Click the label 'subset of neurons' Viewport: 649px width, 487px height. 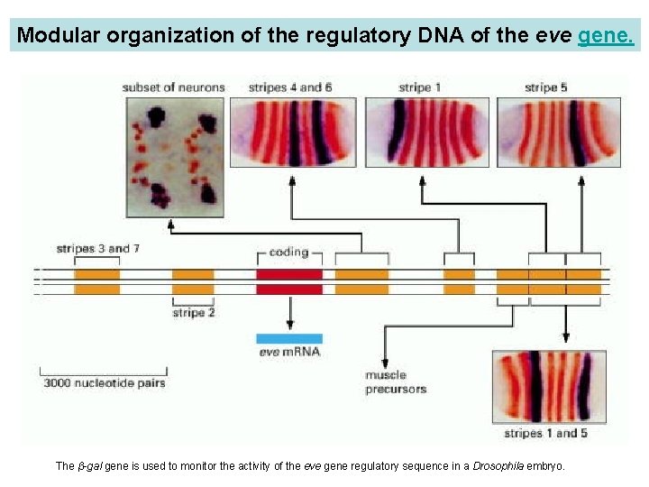click(x=173, y=87)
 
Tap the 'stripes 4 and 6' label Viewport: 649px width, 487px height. click(x=290, y=87)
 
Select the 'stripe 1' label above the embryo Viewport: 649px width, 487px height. click(x=419, y=87)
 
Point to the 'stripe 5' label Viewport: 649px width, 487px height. click(x=546, y=87)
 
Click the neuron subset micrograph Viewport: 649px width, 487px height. click(x=174, y=156)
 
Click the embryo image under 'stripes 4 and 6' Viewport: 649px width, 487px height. click(x=292, y=133)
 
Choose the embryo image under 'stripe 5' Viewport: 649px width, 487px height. click(x=558, y=133)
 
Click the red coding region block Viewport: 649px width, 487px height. click(x=289, y=281)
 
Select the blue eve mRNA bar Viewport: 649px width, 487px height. click(x=289, y=338)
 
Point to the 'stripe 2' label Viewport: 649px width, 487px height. click(x=194, y=313)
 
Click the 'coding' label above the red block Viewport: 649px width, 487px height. click(x=288, y=252)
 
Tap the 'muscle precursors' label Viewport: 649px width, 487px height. click(x=395, y=381)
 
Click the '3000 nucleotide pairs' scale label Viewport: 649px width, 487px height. click(x=104, y=382)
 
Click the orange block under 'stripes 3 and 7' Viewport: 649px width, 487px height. click(x=96, y=281)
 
